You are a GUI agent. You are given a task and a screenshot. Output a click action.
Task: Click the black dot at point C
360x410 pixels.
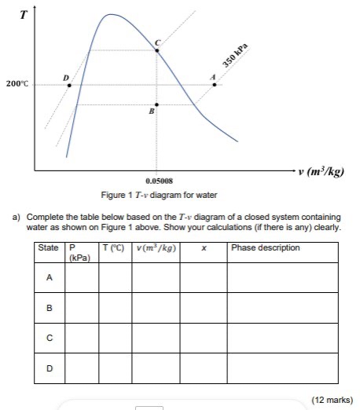click(157, 50)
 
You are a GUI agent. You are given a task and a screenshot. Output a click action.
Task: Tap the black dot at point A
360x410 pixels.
click(215, 85)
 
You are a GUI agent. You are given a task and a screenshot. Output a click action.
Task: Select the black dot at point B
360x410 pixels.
click(157, 104)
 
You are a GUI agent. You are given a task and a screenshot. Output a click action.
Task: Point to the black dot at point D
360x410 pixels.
click(70, 85)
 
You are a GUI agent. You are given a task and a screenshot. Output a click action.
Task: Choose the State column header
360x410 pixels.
click(49, 248)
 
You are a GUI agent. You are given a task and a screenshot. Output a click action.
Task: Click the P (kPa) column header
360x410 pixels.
click(81, 252)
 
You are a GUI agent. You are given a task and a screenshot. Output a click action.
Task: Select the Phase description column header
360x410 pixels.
click(266, 248)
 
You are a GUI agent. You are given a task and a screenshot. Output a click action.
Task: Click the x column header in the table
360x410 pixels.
click(204, 248)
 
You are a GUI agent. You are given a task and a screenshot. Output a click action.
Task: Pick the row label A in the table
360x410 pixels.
click(50, 277)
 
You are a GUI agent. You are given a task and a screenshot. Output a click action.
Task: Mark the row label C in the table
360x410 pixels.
click(50, 338)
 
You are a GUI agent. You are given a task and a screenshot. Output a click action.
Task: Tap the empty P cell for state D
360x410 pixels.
click(82, 368)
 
